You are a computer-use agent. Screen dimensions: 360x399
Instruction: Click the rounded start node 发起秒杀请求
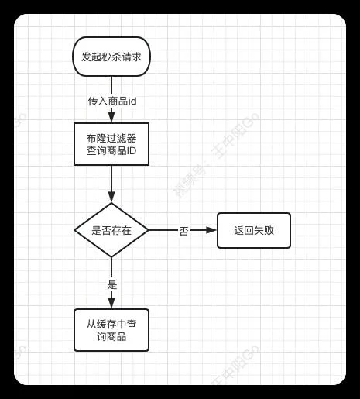click(x=111, y=57)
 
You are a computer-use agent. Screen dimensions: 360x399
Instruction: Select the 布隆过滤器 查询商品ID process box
click(x=111, y=144)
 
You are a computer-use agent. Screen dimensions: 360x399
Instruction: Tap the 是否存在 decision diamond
click(x=111, y=230)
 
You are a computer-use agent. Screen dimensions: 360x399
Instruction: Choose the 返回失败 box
click(x=254, y=230)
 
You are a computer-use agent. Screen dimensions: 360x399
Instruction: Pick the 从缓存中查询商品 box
click(x=111, y=330)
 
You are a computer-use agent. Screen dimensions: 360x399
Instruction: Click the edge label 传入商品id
click(x=112, y=101)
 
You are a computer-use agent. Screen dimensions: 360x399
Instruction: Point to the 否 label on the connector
click(x=183, y=231)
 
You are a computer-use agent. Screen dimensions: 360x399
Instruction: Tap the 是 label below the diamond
click(x=112, y=285)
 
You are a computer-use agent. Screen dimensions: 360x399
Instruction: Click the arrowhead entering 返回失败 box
click(x=211, y=230)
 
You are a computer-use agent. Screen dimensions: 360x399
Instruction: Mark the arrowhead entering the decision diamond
click(x=111, y=197)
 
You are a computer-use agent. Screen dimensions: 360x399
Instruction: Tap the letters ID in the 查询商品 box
click(x=132, y=150)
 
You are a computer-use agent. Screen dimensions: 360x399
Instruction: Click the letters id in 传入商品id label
click(x=132, y=101)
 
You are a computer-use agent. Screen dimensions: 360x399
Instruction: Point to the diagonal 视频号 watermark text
click(x=190, y=183)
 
